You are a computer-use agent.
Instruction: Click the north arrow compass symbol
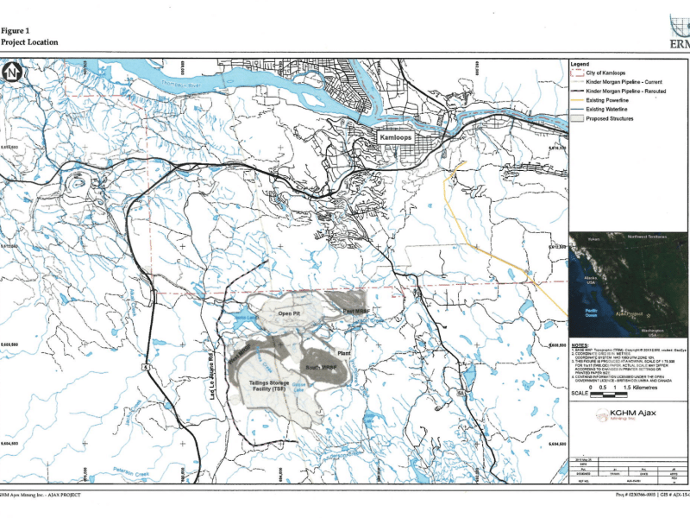11,74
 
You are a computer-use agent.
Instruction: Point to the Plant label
344,354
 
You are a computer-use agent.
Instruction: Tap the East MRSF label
355,311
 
